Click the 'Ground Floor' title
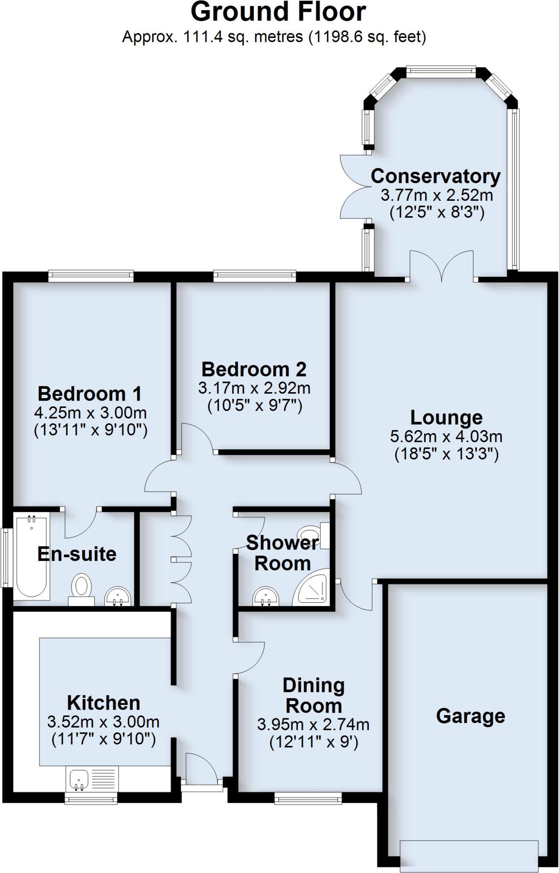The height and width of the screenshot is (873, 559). (x=278, y=12)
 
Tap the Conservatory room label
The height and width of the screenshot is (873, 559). (x=435, y=176)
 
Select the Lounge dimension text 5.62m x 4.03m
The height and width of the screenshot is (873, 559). (x=446, y=436)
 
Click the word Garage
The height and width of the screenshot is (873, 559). (x=470, y=716)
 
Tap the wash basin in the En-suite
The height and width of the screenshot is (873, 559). (x=118, y=596)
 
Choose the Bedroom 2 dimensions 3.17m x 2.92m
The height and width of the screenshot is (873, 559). (x=254, y=388)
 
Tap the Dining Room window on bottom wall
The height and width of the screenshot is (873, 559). (x=308, y=798)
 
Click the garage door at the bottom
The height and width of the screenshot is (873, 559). (x=469, y=855)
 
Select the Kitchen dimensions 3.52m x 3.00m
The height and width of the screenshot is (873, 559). (x=104, y=722)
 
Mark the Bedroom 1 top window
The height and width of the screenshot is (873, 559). (x=91, y=276)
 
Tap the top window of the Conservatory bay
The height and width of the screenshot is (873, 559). (x=441, y=72)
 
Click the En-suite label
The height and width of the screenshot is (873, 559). (x=77, y=554)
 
